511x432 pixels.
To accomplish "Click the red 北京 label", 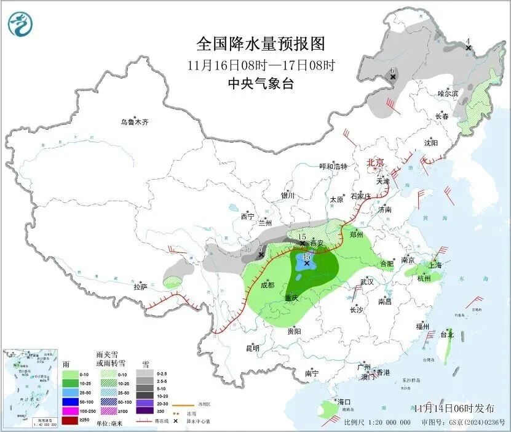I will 375,162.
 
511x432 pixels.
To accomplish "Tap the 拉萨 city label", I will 140,286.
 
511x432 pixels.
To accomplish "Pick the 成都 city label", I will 267,285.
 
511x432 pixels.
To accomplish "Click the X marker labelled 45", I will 307,263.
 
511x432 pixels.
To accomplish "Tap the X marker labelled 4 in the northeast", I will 468,47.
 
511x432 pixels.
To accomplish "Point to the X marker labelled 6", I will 392,77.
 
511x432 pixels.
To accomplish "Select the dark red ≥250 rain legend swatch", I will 71,420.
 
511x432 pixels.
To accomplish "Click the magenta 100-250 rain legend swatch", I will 71,410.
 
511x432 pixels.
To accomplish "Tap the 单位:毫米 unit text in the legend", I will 111,423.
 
